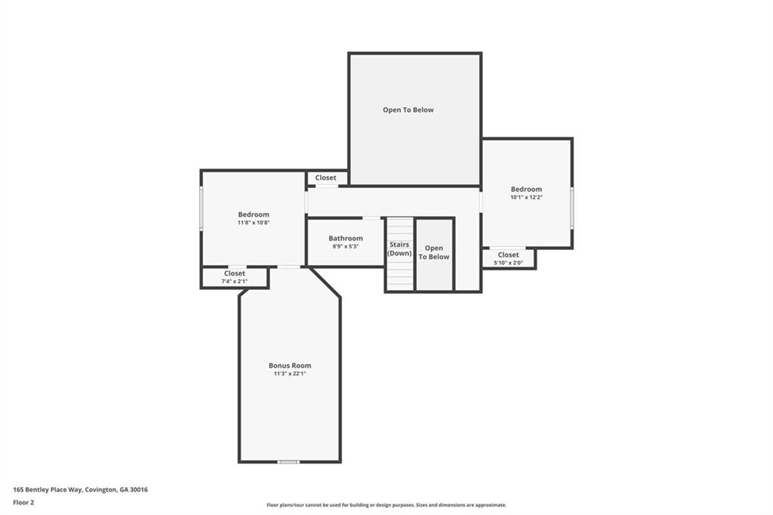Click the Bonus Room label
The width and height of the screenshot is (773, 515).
(x=290, y=365)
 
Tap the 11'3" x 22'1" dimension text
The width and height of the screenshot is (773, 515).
(x=290, y=374)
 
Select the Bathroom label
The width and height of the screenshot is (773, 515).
(x=345, y=239)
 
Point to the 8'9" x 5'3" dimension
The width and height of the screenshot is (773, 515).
(x=345, y=246)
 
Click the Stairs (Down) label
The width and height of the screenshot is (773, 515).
(x=399, y=248)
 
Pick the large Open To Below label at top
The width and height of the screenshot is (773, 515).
(x=408, y=110)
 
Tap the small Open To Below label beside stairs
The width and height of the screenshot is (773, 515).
(x=434, y=252)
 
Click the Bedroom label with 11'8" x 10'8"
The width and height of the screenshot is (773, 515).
(x=254, y=214)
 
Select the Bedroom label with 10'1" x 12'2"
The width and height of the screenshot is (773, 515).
(x=526, y=190)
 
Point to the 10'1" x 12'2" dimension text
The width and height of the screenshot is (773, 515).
(x=526, y=197)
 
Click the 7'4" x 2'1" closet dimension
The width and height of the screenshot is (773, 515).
(x=234, y=281)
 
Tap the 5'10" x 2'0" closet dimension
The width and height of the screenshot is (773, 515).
(x=508, y=263)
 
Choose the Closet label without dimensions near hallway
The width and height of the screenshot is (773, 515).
(x=325, y=178)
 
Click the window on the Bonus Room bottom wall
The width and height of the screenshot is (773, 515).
(x=288, y=461)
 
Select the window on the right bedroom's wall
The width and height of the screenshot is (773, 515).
(x=571, y=208)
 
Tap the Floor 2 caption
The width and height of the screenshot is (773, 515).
(x=23, y=502)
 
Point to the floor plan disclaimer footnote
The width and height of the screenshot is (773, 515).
(x=386, y=505)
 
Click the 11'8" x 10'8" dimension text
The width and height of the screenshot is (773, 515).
(x=254, y=223)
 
